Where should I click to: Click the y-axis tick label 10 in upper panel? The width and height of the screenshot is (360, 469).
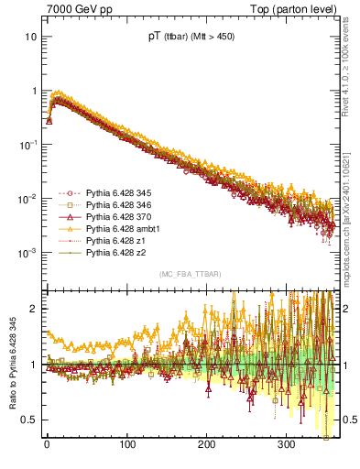(31, 38)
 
